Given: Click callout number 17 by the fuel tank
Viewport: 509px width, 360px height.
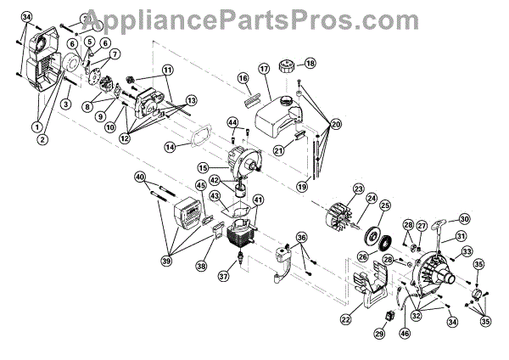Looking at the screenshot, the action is (x=263, y=68).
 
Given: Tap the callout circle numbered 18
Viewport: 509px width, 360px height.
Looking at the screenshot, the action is (x=310, y=64).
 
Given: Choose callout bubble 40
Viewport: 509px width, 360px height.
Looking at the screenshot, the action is (x=141, y=177).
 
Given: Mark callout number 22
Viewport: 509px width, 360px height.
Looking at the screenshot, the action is (x=345, y=319).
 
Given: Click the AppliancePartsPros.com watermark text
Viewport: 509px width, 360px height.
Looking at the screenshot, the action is (x=255, y=14).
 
